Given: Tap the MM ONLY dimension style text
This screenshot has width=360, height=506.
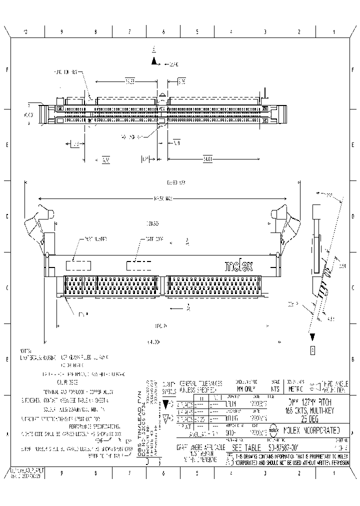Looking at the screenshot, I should click(245, 388).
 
